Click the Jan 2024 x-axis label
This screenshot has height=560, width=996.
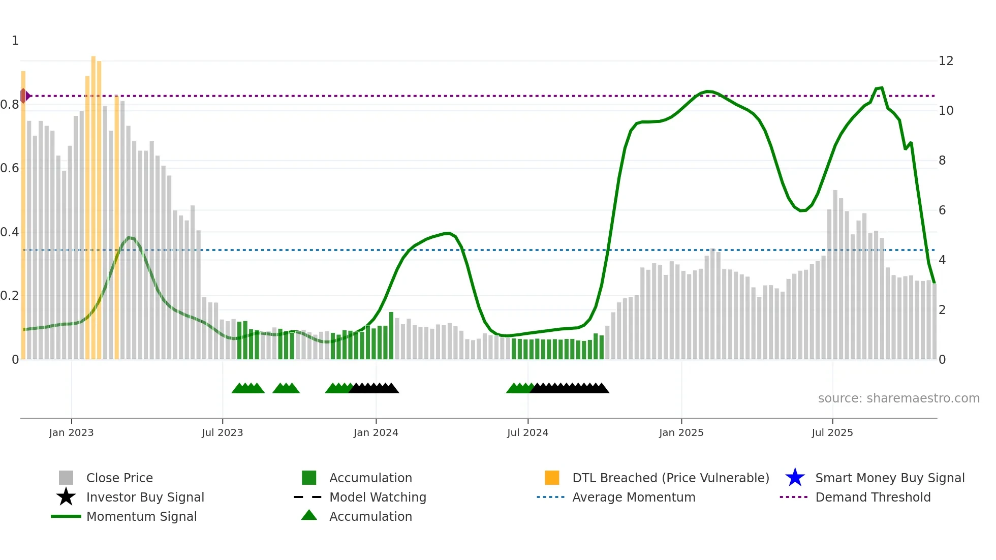pos(376,433)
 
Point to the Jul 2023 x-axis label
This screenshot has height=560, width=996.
pos(222,433)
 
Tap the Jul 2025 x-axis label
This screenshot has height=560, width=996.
pos(832,433)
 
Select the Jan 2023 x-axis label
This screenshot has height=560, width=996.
pos(71,433)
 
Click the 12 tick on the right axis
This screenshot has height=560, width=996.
pos(946,61)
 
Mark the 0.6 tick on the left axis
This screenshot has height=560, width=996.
pos(10,168)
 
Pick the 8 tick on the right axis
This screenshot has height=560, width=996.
pos(942,161)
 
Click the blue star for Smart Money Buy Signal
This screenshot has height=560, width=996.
pos(795,478)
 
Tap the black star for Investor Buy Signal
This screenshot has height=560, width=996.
pos(66,497)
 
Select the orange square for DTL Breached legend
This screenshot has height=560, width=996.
pos(552,478)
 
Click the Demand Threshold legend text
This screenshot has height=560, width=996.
pos(873,497)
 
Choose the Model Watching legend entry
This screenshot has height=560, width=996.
pos(378,497)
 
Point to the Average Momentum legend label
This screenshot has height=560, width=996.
pos(634,497)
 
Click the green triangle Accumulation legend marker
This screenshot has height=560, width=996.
pos(309,515)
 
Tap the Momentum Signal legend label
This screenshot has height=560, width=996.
pos(141,516)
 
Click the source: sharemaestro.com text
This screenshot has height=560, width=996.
pos(898,398)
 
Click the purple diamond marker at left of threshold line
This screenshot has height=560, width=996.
pos(24,96)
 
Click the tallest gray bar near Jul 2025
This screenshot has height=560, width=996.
pos(835,274)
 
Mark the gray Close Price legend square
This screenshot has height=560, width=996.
pos(66,478)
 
